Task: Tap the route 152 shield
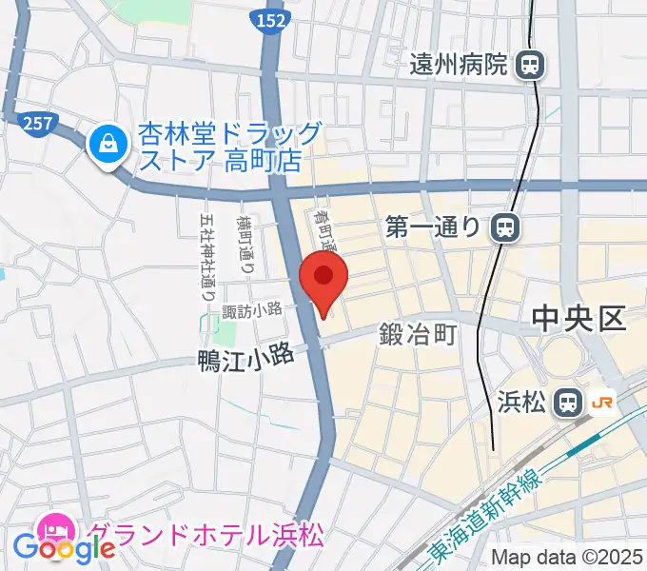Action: [272, 21]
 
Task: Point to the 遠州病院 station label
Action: [460, 65]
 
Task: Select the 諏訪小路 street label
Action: [253, 309]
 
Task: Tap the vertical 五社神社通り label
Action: [206, 255]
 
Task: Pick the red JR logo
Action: [601, 402]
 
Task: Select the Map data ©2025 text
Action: [567, 558]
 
